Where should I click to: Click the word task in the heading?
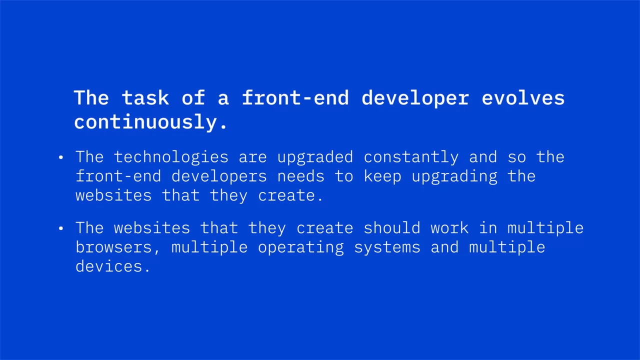pyautogui.click(x=145, y=97)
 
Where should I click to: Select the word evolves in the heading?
pyautogui.click(x=523, y=97)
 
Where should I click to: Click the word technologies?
pyautogui.click(x=171, y=157)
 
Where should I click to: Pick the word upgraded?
pyautogui.click(x=315, y=157)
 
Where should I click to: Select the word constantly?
pyautogui.click(x=411, y=157)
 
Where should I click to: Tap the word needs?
pyautogui.click(x=301, y=176)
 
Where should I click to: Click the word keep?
pyautogui.click(x=382, y=177)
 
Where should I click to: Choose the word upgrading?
pyautogui.click(x=454, y=177)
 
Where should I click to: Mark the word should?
pyautogui.click(x=392, y=228)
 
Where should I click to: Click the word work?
pyautogui.click(x=449, y=228)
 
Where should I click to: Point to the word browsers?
pyautogui.click(x=113, y=247)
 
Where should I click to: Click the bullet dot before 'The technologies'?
pyautogui.click(x=60, y=157)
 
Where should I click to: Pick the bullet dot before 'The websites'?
pyautogui.click(x=60, y=228)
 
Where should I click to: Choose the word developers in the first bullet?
pyautogui.click(x=219, y=177)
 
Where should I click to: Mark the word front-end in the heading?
pyautogui.click(x=295, y=97)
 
